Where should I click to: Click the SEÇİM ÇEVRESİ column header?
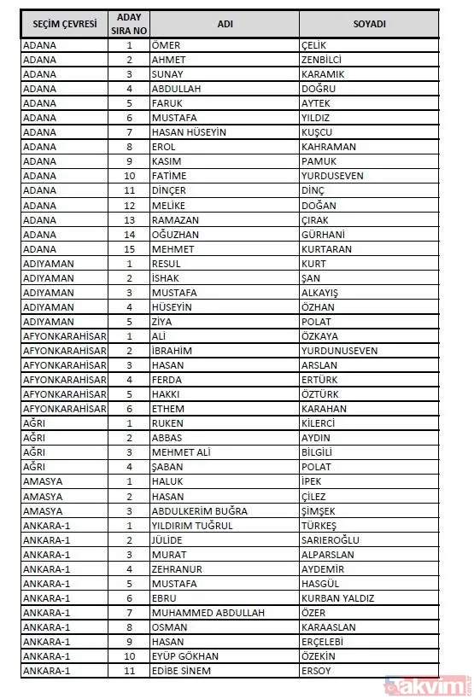(x=64, y=24)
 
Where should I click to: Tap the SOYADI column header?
(x=369, y=24)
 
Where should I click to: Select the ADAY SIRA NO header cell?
(x=129, y=24)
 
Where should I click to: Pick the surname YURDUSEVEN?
(x=332, y=176)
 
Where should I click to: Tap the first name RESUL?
(x=165, y=264)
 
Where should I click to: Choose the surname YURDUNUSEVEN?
(x=339, y=351)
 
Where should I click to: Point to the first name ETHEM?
(x=167, y=409)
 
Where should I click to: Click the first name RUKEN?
(x=167, y=423)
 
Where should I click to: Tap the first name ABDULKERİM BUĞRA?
(x=198, y=510)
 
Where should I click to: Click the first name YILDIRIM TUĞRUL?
(x=191, y=525)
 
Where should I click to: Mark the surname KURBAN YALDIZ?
(x=337, y=598)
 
